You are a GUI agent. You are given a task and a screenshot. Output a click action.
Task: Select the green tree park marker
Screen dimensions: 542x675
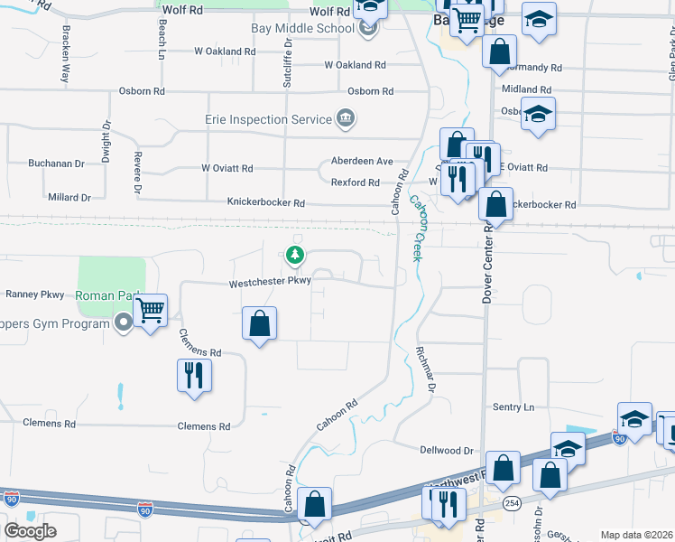(x=294, y=256)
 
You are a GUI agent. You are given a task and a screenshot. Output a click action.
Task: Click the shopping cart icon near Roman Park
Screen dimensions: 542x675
(x=150, y=311)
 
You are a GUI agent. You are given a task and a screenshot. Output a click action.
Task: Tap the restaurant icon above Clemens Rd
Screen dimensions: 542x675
(x=194, y=374)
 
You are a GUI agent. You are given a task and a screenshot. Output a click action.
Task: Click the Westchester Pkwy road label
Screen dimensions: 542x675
(x=270, y=281)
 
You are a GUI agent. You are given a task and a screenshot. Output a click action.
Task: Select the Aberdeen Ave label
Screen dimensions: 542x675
(x=361, y=161)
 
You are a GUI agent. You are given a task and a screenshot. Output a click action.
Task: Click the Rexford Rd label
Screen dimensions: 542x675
(x=355, y=182)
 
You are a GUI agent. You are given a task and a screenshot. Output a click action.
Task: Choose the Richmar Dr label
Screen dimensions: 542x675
(x=424, y=371)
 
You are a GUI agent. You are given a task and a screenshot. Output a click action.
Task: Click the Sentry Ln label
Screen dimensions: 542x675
(x=513, y=407)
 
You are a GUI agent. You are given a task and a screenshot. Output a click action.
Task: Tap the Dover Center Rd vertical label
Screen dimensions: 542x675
(x=486, y=261)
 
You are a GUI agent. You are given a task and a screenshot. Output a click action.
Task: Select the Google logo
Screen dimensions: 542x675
(x=30, y=531)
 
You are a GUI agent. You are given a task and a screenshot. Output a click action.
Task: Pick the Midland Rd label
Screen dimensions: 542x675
(x=526, y=89)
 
